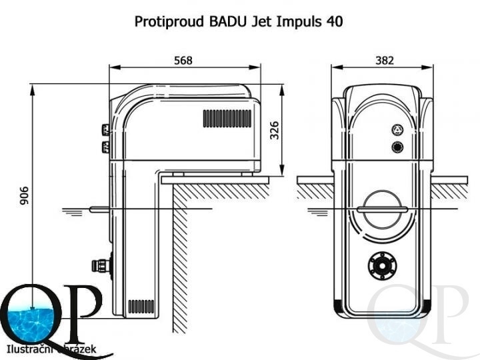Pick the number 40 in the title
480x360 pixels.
pos(335,21)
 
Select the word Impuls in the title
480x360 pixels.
pos(297,21)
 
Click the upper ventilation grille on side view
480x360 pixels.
pos(227,119)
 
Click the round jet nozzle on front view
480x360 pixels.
pos(383,267)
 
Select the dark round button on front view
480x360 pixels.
pos(397,147)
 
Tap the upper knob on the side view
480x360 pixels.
pos(105,129)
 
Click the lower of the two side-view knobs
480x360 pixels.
pos(105,147)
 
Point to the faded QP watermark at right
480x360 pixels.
pos(417,313)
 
